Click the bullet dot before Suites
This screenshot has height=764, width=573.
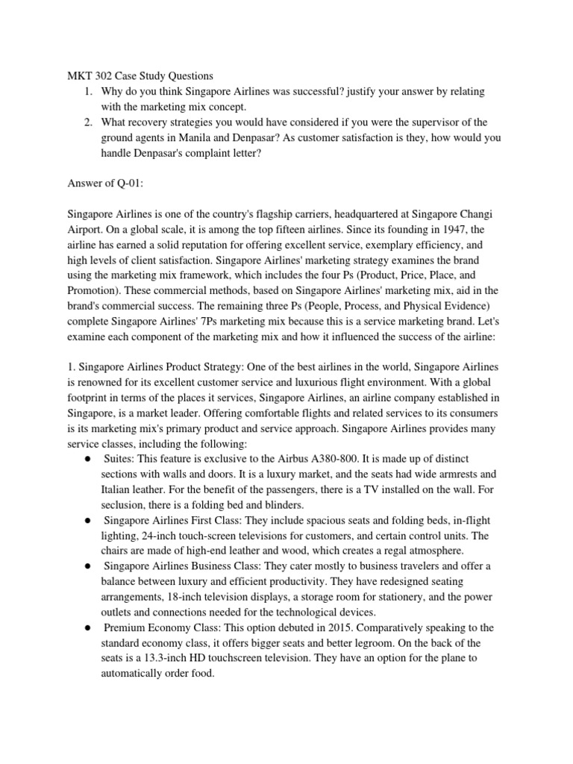pyautogui.click(x=87, y=457)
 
